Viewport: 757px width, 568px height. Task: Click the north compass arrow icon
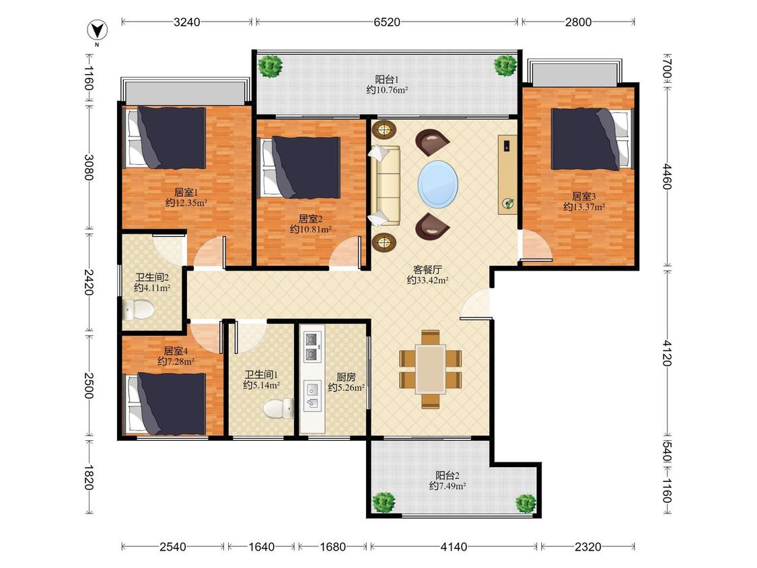point(97,30)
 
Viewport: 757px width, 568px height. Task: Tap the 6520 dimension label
point(387,22)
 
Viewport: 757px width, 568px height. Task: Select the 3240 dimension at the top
point(187,22)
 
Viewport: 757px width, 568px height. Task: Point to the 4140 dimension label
point(454,546)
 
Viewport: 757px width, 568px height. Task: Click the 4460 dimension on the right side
point(667,176)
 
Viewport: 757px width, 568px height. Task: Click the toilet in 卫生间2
point(137,309)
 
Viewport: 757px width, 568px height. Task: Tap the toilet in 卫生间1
point(279,409)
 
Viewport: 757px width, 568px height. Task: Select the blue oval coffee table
point(438,184)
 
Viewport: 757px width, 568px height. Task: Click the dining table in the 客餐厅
point(431,369)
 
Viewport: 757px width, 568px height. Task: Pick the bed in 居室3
point(592,139)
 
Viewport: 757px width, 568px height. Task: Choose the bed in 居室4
point(167,403)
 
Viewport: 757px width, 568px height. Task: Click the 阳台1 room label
point(387,79)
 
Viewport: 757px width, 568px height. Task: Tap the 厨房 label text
point(346,377)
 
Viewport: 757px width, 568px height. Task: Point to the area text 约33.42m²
point(428,280)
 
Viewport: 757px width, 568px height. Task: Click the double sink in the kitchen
point(312,347)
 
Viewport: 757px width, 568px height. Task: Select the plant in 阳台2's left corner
point(384,503)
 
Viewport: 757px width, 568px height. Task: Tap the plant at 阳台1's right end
point(505,65)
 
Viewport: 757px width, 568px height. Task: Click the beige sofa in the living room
point(385,186)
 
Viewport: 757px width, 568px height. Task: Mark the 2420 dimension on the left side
point(88,282)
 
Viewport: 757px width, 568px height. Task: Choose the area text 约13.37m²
point(584,207)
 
